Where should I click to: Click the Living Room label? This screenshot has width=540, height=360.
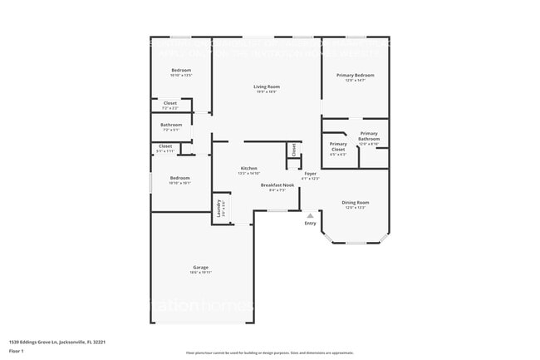tap(266, 86)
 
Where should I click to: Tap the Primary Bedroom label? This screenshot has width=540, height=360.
tap(355, 75)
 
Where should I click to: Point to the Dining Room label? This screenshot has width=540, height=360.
tap(356, 202)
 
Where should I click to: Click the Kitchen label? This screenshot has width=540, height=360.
tap(249, 168)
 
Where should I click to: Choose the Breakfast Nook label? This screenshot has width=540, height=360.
tap(277, 185)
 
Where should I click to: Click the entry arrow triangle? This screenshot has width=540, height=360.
tap(311, 215)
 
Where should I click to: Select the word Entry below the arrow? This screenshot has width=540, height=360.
tap(311, 223)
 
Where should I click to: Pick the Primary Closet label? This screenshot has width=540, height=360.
tap(338, 146)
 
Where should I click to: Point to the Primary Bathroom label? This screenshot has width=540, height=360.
tap(369, 136)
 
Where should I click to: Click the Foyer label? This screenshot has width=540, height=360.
tap(310, 173)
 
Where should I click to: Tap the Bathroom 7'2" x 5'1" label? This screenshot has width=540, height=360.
tap(170, 126)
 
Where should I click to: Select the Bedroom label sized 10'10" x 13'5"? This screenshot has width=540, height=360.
tap(180, 70)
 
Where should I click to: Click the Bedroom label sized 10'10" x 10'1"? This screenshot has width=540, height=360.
tap(179, 178)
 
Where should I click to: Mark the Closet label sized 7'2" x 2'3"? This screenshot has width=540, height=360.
tap(169, 104)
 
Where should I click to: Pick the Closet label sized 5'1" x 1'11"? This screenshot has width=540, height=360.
tap(165, 146)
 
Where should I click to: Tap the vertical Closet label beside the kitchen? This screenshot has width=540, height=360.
tap(293, 150)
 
